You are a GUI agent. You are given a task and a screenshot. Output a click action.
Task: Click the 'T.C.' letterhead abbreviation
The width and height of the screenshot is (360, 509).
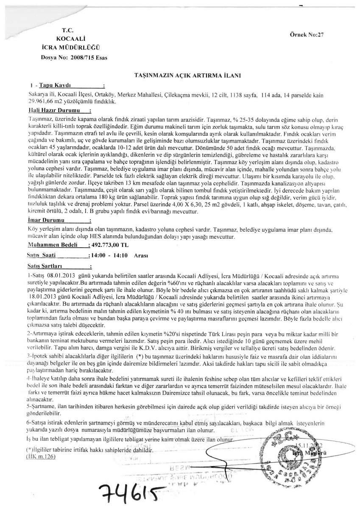coord(68,31)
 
